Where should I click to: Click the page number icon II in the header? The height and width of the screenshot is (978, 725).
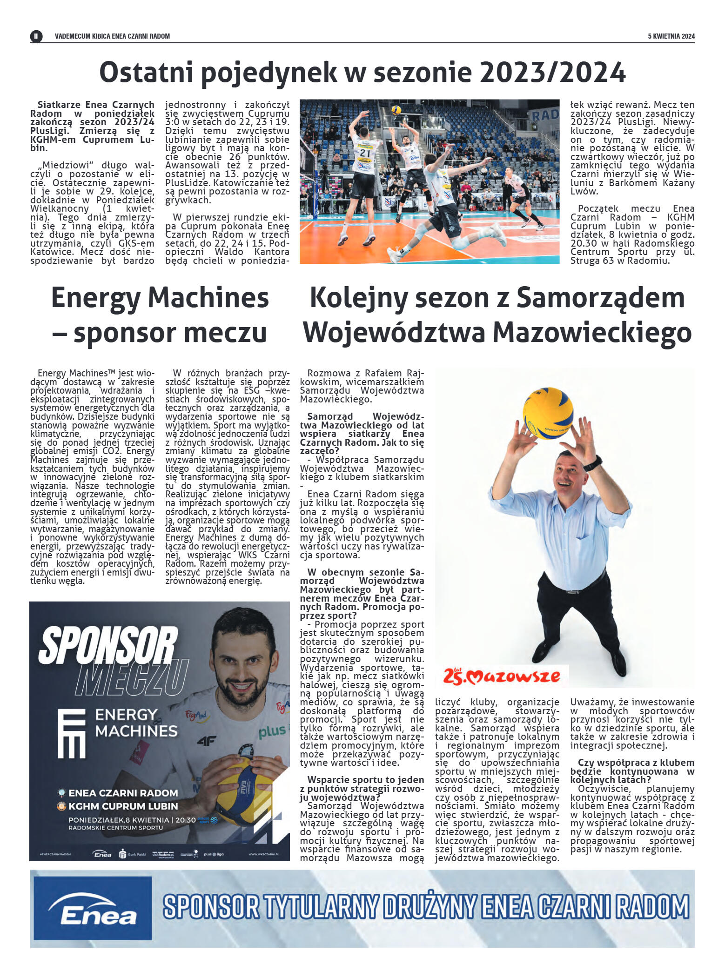point(36,36)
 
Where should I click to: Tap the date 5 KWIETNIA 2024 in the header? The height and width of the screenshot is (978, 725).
point(671,36)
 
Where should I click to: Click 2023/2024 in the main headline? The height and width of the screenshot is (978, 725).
point(552,72)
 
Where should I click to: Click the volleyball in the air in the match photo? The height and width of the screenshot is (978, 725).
point(396,110)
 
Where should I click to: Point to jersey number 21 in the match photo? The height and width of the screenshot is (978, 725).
point(365,153)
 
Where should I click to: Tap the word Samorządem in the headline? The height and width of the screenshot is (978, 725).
point(600,298)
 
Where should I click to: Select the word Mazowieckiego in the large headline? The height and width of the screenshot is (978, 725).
point(592,333)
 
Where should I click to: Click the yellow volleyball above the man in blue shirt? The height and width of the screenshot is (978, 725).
point(548,413)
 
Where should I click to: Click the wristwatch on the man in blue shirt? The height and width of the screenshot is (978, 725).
point(593,463)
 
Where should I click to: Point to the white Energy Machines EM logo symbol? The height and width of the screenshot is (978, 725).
point(72,733)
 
